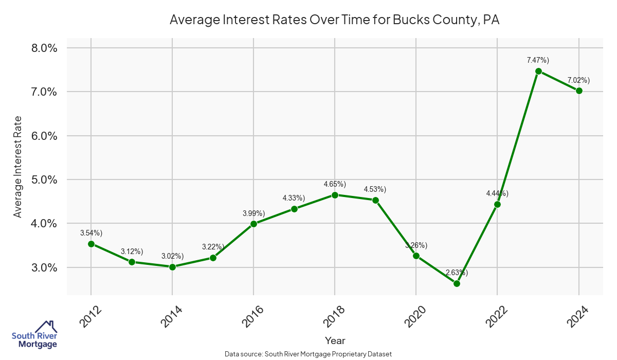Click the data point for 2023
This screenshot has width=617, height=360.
click(538, 71)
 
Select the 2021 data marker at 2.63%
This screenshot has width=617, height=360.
click(457, 283)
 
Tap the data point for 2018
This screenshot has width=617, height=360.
click(335, 195)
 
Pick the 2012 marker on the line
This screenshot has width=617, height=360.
click(91, 244)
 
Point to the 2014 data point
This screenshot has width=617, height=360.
click(172, 267)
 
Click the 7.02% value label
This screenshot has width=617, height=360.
click(578, 80)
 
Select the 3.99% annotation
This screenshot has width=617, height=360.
click(253, 213)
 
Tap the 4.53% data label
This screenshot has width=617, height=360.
click(375, 189)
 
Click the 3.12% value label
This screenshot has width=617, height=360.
click(132, 251)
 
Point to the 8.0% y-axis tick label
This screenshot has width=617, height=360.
click(44, 48)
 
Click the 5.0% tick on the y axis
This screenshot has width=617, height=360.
click(44, 180)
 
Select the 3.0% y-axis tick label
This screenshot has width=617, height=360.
click(44, 268)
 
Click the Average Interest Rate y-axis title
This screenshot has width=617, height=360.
click(18, 167)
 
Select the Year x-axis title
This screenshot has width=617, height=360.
click(335, 340)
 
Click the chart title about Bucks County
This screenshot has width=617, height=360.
click(334, 20)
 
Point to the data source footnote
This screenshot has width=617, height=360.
click(308, 354)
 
